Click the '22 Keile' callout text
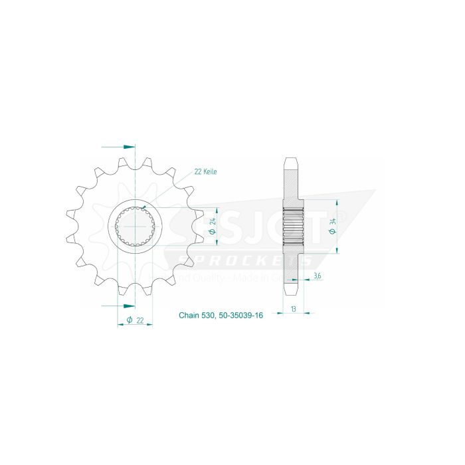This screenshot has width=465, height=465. (x=205, y=171)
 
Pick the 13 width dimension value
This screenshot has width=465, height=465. (x=294, y=309)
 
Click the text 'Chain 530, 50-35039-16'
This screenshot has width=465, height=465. (x=221, y=316)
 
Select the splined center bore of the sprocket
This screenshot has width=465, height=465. (x=136, y=227)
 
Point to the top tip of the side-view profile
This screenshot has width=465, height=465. (x=293, y=160)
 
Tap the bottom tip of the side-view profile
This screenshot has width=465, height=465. (x=293, y=294)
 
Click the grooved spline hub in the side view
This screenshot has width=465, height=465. (x=293, y=227)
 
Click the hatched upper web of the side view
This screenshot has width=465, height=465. (x=293, y=186)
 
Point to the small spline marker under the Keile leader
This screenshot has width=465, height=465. (x=143, y=209)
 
